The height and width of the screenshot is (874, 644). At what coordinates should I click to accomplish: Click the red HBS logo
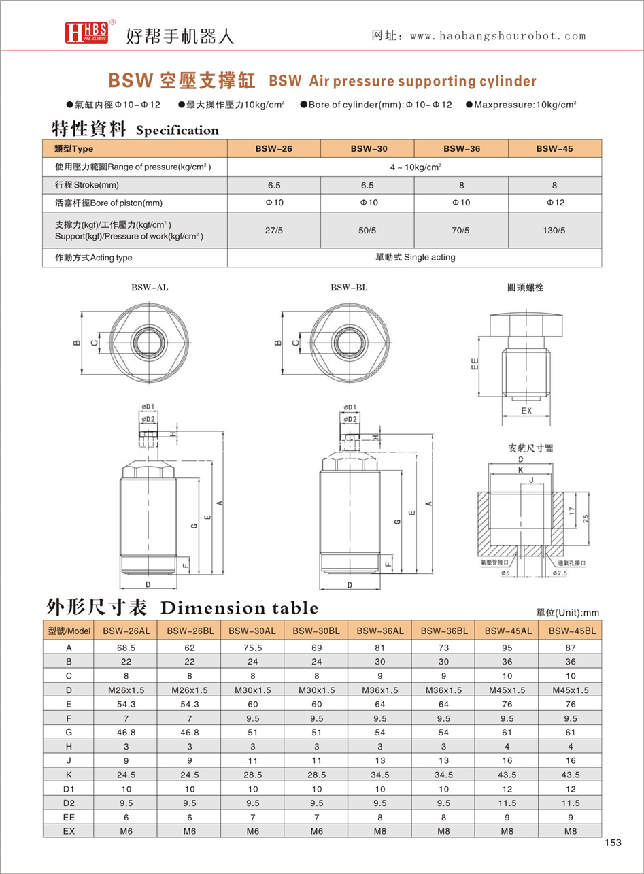(x=86, y=33)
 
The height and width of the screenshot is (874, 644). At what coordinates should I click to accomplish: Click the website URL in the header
(x=498, y=36)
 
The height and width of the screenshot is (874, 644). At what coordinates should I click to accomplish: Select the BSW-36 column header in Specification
(x=462, y=148)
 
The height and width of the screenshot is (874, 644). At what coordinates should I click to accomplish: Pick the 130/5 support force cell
(x=554, y=230)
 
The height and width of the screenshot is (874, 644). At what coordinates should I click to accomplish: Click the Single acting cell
(x=415, y=257)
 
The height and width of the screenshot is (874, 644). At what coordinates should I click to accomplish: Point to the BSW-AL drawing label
(x=150, y=288)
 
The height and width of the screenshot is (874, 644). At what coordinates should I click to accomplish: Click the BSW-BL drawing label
(x=349, y=288)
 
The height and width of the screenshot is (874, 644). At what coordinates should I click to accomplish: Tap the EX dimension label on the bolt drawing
(x=526, y=411)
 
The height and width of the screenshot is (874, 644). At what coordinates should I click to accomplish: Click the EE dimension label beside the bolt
(x=475, y=364)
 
